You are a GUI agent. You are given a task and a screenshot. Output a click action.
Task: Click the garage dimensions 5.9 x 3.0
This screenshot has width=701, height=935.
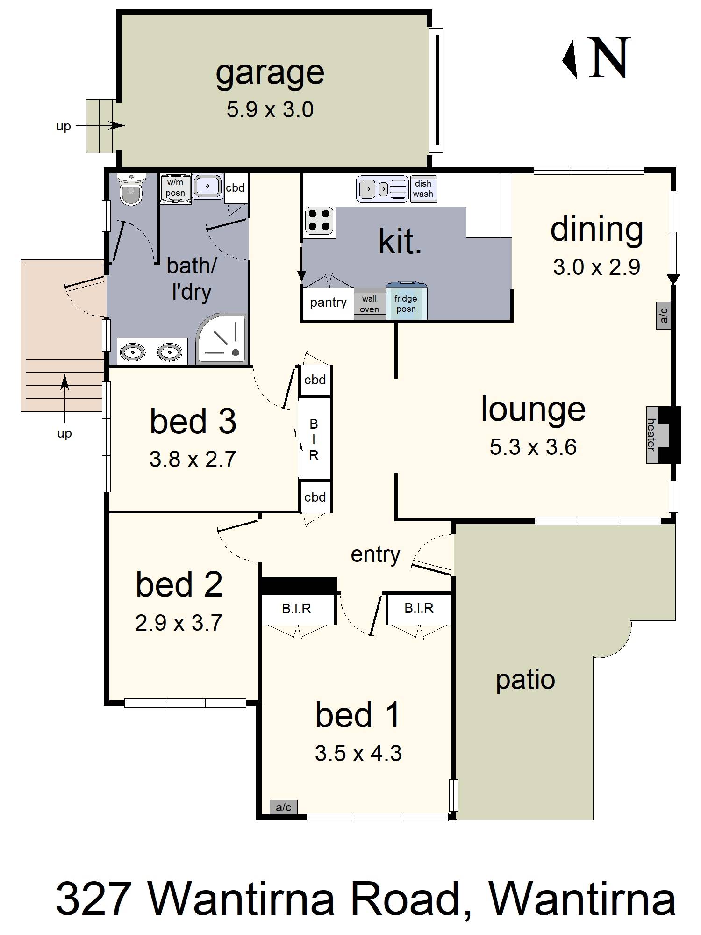tap(270, 110)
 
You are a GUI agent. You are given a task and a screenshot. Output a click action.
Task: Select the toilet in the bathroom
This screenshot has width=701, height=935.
tap(131, 189)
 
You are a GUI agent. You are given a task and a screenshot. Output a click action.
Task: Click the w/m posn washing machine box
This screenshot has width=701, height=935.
tap(175, 189)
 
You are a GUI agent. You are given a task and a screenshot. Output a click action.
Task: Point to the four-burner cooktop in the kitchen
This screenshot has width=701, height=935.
tap(320, 221)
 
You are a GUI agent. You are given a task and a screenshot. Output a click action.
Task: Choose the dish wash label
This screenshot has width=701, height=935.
tap(423, 189)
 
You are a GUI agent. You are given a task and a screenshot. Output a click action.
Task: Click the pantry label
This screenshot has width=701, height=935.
tap(328, 302)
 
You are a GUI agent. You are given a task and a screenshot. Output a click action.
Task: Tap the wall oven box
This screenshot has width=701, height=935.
tap(369, 303)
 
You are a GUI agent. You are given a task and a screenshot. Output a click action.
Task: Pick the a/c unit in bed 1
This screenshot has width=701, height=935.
tap(284, 807)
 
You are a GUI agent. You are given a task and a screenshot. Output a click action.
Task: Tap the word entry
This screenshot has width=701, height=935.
tap(375, 555)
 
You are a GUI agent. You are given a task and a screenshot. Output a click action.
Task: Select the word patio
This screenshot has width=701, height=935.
tap(525, 681)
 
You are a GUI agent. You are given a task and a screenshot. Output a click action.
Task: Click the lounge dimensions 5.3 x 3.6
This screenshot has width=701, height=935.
tap(533, 447)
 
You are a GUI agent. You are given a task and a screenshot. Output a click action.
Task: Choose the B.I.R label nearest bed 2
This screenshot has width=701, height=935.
tap(296, 609)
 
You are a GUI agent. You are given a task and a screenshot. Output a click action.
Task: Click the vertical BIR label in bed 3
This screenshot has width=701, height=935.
tap(314, 439)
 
